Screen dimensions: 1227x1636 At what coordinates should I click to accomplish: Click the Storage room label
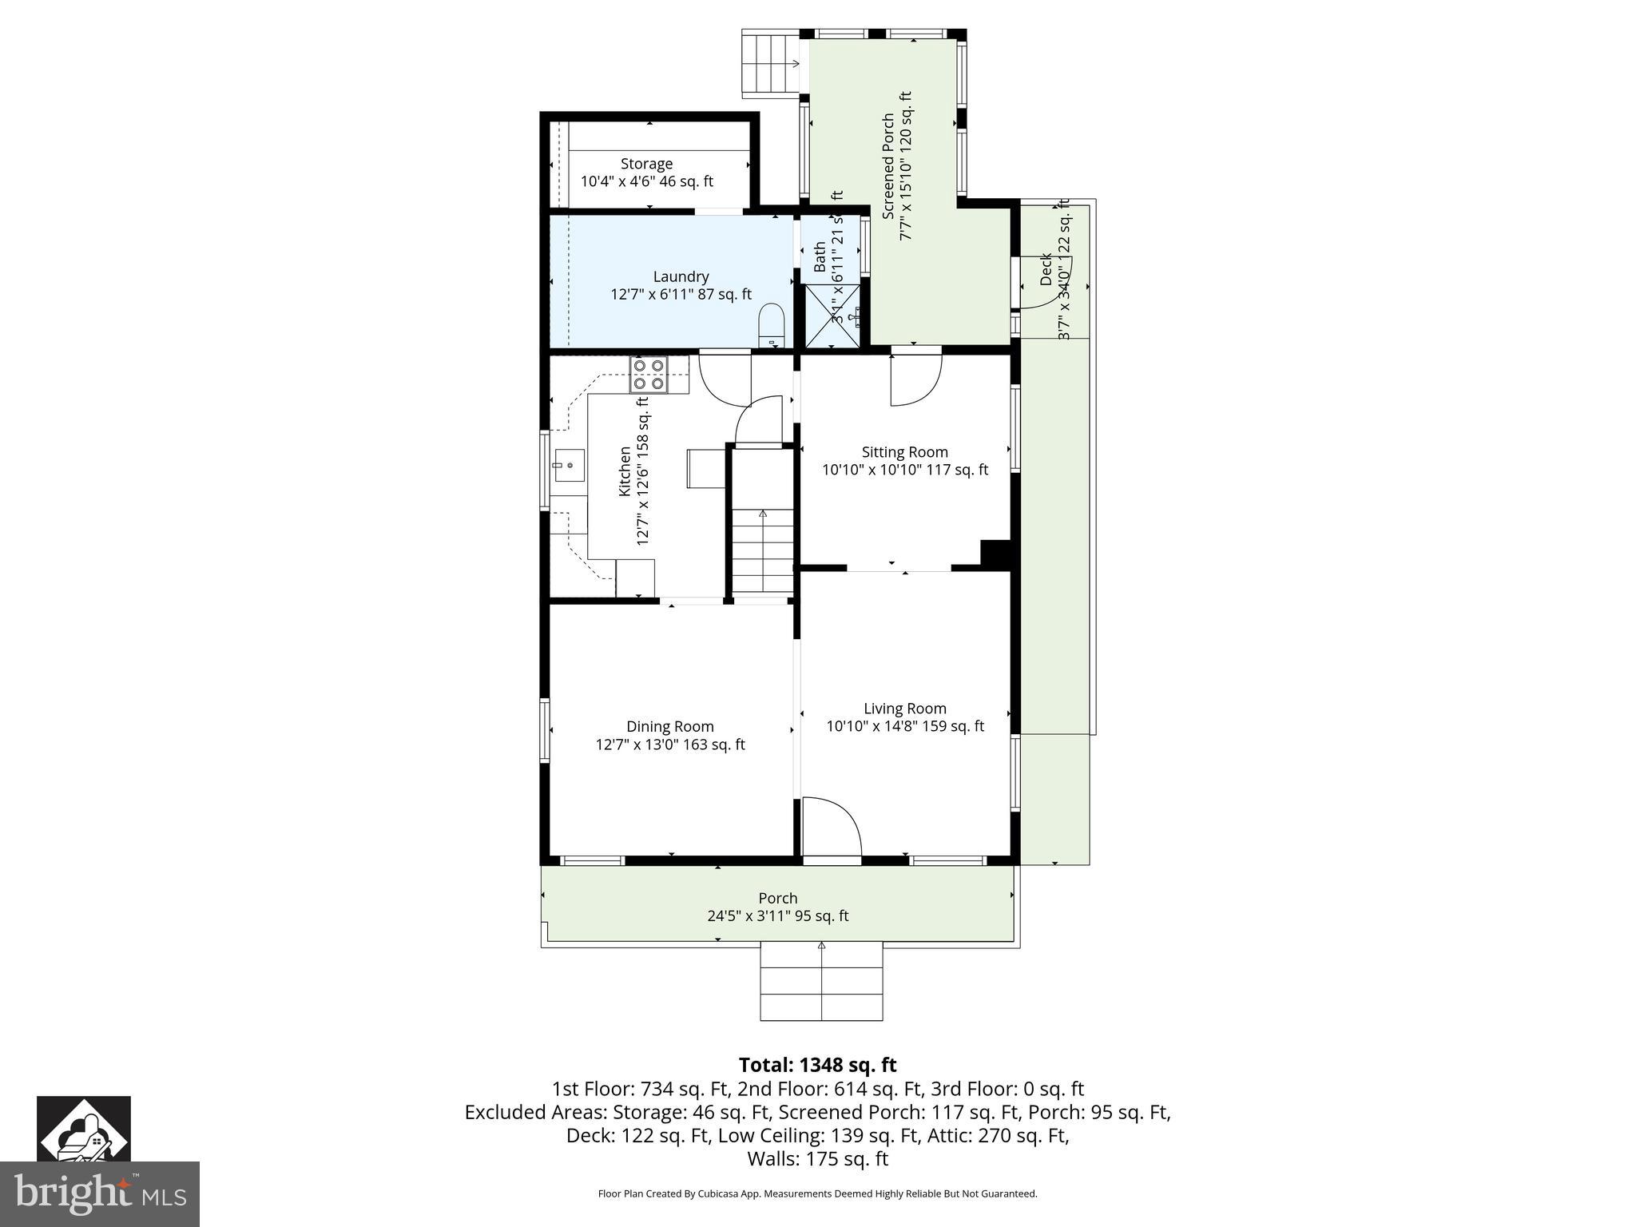(x=646, y=164)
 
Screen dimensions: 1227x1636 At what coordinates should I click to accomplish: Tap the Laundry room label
(x=681, y=276)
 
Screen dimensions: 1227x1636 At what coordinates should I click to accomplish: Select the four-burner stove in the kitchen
(x=648, y=375)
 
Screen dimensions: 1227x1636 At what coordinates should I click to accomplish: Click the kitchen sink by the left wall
(x=569, y=465)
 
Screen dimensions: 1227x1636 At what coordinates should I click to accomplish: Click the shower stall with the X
(x=833, y=316)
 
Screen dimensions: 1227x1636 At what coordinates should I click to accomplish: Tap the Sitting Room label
(x=904, y=452)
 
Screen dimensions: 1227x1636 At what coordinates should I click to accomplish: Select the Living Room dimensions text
(x=904, y=726)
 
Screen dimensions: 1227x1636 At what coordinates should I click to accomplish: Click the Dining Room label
(x=669, y=726)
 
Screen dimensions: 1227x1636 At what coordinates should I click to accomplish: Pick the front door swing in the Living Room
(x=831, y=828)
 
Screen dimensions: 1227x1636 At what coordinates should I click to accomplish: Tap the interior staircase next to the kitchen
(x=763, y=551)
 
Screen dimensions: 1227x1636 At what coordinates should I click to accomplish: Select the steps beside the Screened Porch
(x=772, y=64)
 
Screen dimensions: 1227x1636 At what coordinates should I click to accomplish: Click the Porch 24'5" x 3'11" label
(x=777, y=907)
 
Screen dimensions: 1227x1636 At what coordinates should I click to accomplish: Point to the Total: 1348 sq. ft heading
(x=817, y=1065)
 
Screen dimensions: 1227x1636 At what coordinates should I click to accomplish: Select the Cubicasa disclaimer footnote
(x=817, y=1194)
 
